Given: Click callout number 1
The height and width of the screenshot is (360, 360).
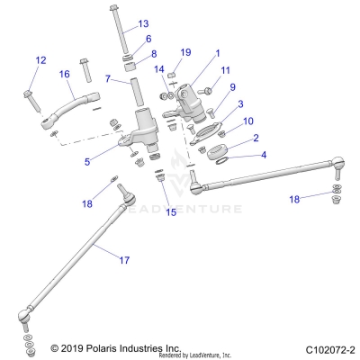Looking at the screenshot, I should coord(216,52).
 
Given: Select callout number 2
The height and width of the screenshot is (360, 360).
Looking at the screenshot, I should coord(231,138).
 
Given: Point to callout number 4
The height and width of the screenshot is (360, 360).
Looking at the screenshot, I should coord(238,154).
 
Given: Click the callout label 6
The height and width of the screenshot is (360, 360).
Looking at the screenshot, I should coord(149,40).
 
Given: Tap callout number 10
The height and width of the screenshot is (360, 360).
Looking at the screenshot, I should coord(223,121).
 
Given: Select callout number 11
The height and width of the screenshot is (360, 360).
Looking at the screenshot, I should coord(226,70).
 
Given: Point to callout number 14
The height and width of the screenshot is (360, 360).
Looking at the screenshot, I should coord(159,69).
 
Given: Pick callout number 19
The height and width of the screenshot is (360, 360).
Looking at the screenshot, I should coord(185,52).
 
